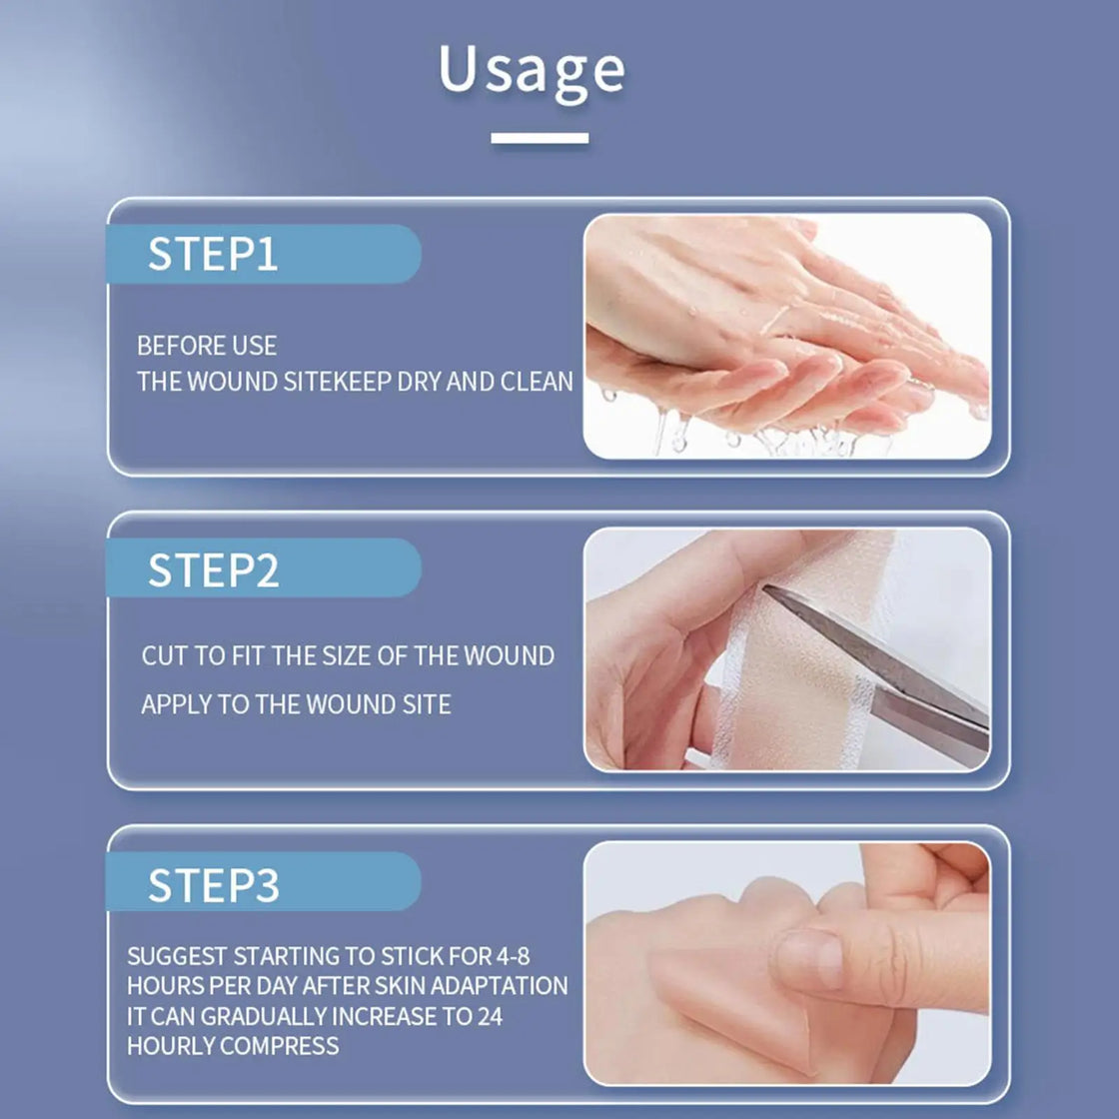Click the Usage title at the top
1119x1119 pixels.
pos(532,70)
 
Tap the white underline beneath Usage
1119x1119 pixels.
pos(540,139)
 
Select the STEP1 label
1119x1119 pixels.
pos(213,255)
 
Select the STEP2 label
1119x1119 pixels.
pos(213,570)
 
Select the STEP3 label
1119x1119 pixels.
pos(213,885)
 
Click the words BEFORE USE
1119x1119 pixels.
pos(207,346)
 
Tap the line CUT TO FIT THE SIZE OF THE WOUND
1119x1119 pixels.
pos(347,656)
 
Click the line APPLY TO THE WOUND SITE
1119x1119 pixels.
pos(296,704)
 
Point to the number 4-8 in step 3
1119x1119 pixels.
pos(513,956)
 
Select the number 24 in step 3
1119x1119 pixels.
pos(490,1017)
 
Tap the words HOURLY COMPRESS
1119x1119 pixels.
pos(233,1047)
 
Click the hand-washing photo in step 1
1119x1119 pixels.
pos(787,336)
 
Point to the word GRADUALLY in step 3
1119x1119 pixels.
pos(264,1017)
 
